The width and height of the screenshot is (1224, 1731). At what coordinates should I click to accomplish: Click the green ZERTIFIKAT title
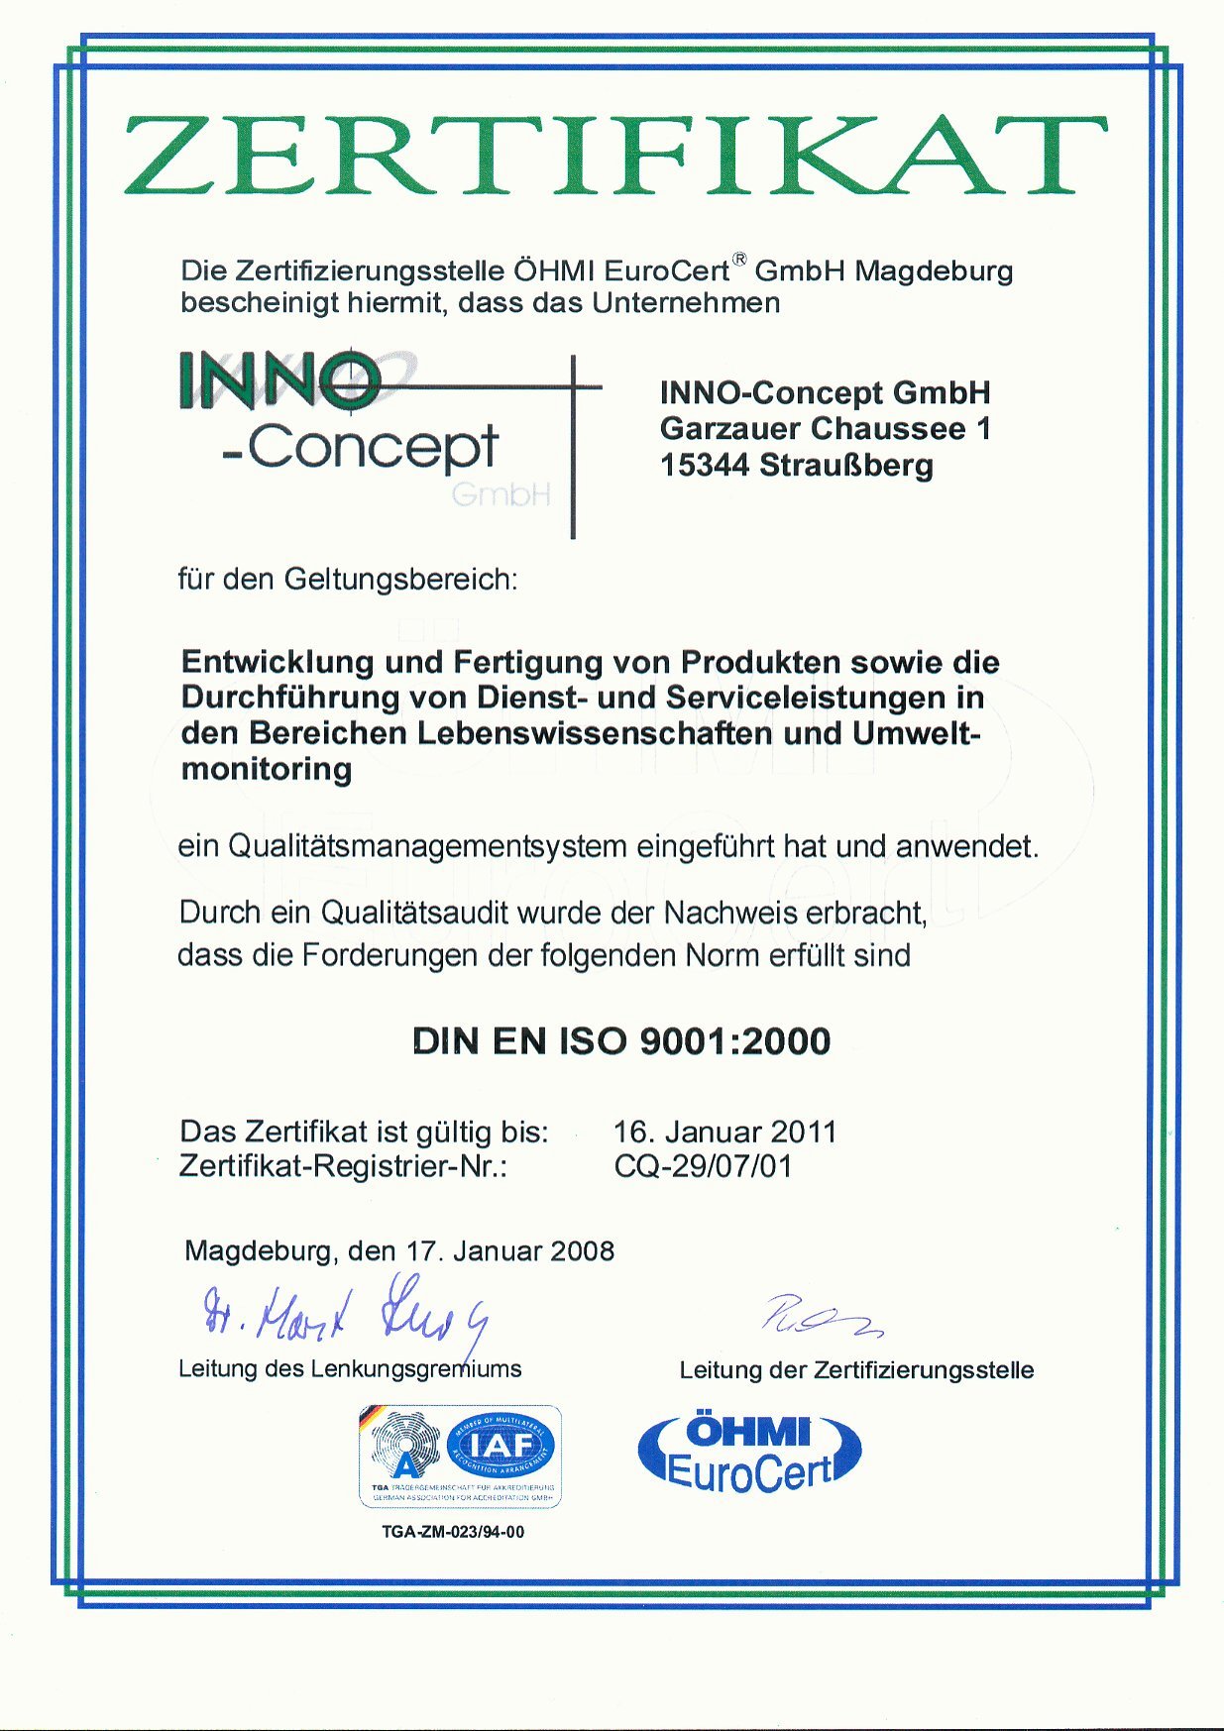(x=614, y=156)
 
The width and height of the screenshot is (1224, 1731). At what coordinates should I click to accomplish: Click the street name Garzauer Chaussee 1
(x=825, y=429)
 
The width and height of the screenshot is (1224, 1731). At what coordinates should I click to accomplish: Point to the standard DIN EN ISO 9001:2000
(x=621, y=1041)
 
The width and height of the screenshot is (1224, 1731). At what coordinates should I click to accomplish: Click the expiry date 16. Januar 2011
(x=724, y=1132)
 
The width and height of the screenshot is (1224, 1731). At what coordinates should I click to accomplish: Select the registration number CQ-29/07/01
(x=703, y=1166)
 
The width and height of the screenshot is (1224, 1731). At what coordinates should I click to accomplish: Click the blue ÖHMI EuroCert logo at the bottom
(x=748, y=1453)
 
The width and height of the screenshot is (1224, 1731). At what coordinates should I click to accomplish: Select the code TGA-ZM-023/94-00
(x=453, y=1532)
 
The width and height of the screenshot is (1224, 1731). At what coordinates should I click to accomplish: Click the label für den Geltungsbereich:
(x=347, y=579)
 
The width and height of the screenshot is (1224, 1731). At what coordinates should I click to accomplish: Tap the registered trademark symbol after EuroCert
(x=738, y=260)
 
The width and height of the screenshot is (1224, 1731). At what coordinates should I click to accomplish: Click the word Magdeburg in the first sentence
(x=934, y=270)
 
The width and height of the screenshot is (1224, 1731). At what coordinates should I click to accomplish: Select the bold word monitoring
(x=267, y=769)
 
